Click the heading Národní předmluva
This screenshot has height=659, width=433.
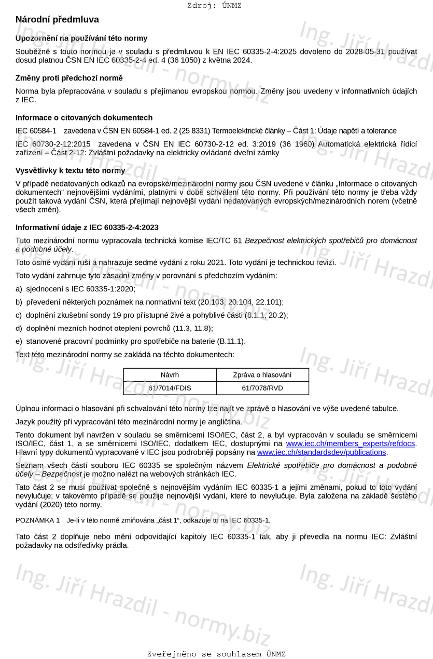tap(57, 20)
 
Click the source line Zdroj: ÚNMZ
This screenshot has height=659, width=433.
tap(214, 6)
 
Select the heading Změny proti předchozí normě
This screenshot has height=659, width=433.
tap(69, 78)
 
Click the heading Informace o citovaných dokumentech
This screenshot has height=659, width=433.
tap(84, 117)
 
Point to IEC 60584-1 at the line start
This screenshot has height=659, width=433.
tap(36, 131)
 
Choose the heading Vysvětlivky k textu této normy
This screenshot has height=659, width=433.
tap(70, 170)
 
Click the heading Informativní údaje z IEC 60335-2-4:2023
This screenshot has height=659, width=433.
tap(87, 227)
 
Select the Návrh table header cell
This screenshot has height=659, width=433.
tap(170, 375)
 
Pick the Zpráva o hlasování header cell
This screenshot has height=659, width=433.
tap(262, 375)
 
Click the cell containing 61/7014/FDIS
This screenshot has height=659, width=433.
tap(170, 388)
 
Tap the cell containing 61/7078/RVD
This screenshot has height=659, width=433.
tap(262, 388)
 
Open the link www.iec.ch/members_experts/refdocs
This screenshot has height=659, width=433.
tap(351, 443)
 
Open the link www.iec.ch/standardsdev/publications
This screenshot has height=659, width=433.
tap(322, 452)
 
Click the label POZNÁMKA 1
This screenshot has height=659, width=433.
tap(38, 520)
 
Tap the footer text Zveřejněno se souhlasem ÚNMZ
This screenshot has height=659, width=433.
tap(216, 654)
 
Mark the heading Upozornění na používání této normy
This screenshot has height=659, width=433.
tap(81, 38)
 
